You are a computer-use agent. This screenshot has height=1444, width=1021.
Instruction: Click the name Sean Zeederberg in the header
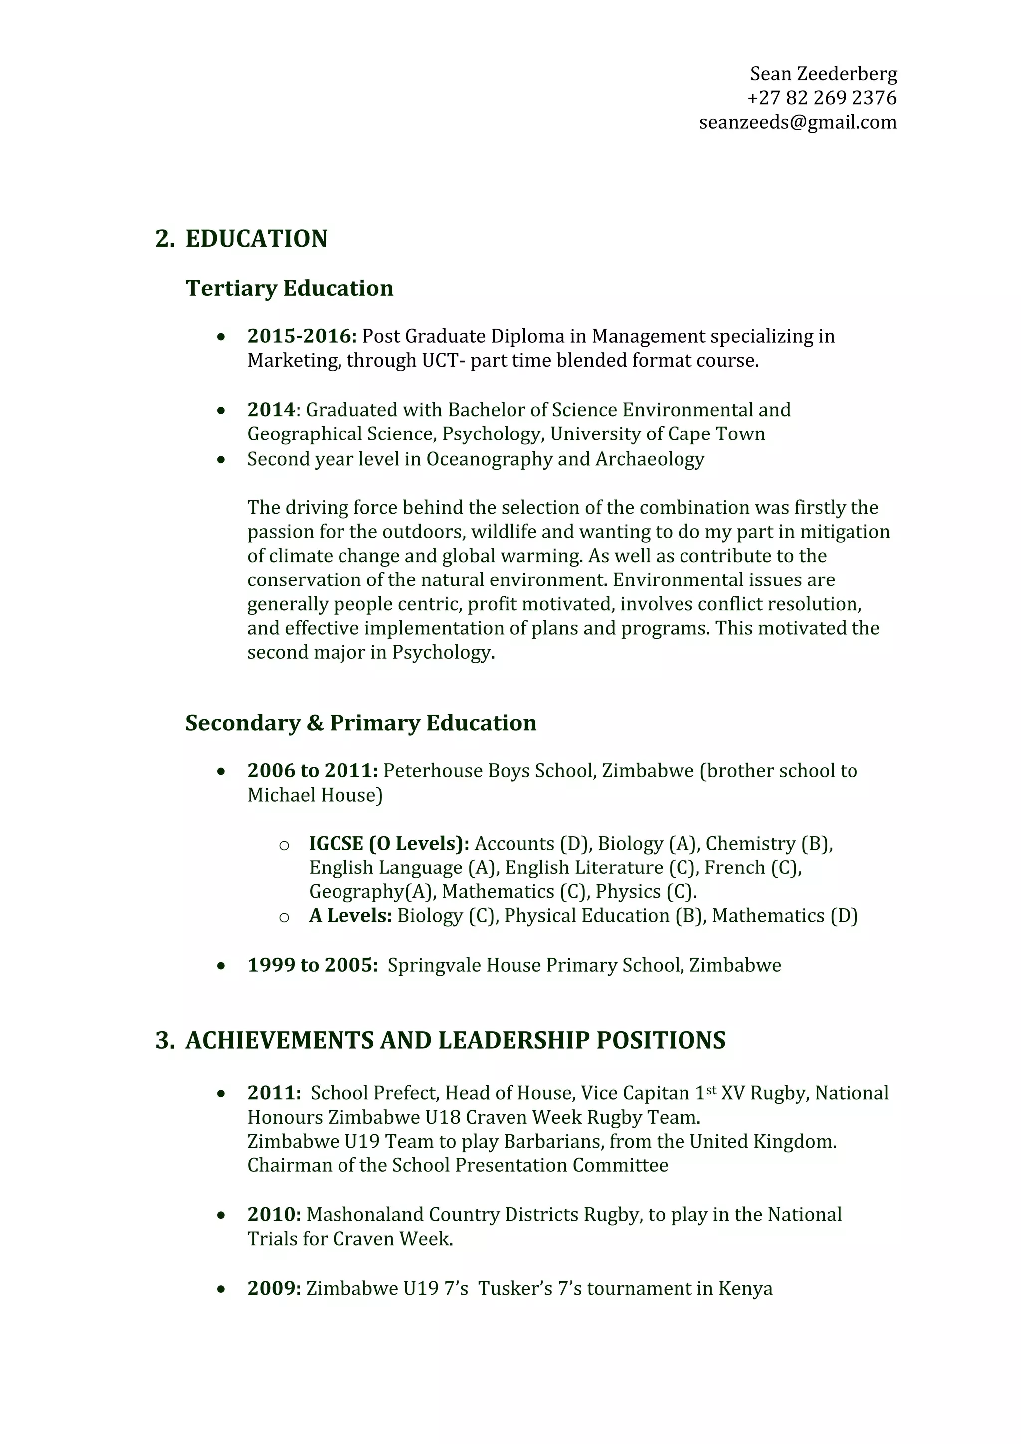point(823,74)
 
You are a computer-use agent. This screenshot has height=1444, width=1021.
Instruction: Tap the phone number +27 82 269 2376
point(822,98)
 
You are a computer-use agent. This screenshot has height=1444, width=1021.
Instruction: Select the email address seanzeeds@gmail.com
point(798,122)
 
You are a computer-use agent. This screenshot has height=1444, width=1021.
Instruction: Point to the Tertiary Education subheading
point(289,289)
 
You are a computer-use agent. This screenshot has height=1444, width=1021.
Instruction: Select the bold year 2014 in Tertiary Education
point(271,410)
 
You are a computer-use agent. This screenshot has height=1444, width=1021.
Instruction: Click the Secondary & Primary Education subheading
point(360,723)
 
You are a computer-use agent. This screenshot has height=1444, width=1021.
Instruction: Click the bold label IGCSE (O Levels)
point(389,844)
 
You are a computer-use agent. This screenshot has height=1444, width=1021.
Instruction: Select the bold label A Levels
point(350,916)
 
